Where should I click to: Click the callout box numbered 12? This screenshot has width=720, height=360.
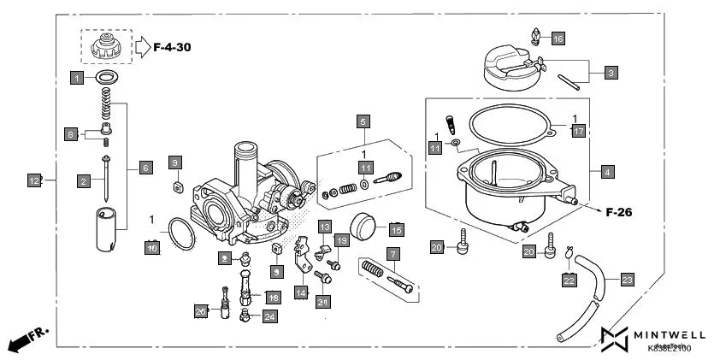(34, 180)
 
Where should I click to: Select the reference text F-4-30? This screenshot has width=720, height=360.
(172, 47)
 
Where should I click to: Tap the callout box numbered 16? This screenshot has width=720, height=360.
(558, 38)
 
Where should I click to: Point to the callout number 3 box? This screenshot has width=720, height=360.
(611, 74)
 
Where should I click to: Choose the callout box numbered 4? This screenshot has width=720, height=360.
(607, 172)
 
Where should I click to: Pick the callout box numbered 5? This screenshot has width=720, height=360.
(363, 121)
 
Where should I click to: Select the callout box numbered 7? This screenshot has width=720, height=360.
(392, 254)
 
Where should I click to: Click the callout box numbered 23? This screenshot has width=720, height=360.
(627, 279)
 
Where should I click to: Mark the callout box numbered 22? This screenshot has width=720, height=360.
(569, 279)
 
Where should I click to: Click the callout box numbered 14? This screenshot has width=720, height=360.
(301, 292)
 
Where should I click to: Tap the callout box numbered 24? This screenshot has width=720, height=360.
(269, 316)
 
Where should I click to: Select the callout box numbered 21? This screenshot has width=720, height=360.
(322, 301)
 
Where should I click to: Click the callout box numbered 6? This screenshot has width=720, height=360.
(145, 168)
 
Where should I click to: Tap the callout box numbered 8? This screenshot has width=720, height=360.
(72, 134)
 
